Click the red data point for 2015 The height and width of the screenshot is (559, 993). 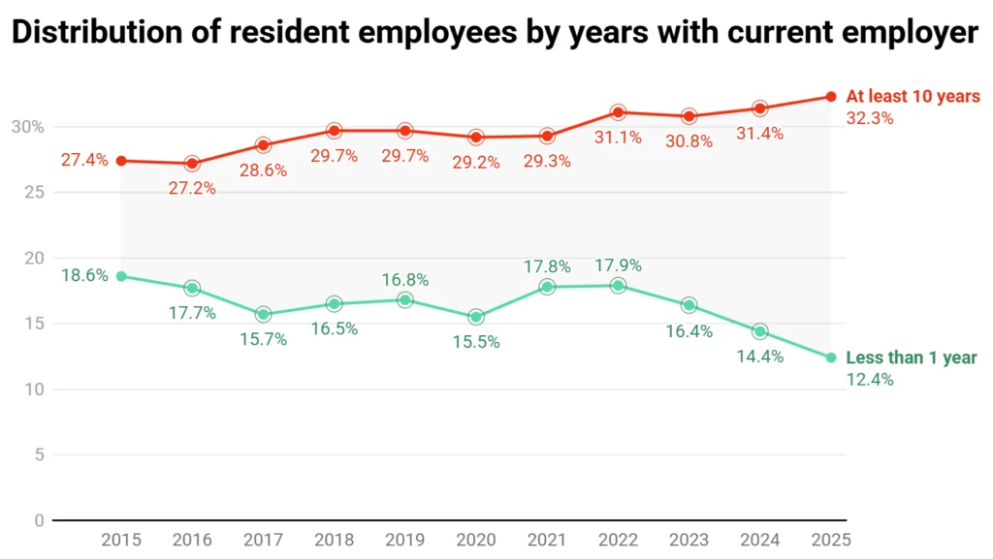[121, 161]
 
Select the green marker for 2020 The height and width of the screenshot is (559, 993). [476, 317]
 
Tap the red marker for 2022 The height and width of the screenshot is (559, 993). [618, 112]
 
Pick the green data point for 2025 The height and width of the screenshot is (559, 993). [831, 357]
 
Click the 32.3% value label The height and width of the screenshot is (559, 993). [870, 118]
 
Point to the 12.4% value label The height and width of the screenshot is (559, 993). [870, 380]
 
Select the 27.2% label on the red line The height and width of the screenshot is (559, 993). [192, 188]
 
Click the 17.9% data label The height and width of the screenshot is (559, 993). [618, 264]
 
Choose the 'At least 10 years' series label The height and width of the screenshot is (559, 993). [913, 97]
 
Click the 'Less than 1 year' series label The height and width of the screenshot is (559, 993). [912, 358]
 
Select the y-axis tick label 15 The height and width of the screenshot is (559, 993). [33, 324]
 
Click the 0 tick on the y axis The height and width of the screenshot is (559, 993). [39, 520]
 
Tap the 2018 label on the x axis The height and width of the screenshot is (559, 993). [334, 540]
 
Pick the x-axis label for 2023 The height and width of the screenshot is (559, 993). [689, 540]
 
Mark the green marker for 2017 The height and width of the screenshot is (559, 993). [263, 314]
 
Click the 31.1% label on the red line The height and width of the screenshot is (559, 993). [618, 138]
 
